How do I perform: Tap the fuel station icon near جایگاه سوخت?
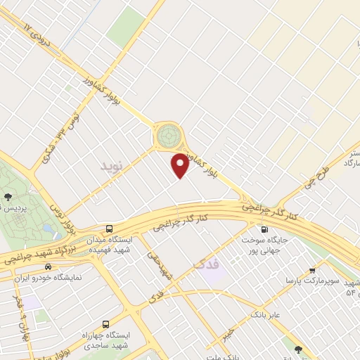(264, 229)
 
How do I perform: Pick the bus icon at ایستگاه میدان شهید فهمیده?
(109, 229)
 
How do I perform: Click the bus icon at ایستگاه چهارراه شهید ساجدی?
(105, 325)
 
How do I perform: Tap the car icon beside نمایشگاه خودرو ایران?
(47, 266)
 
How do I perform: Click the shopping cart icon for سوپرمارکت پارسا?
(311, 269)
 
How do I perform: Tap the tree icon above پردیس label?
(8, 198)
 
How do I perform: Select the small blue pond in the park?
(48, 229)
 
